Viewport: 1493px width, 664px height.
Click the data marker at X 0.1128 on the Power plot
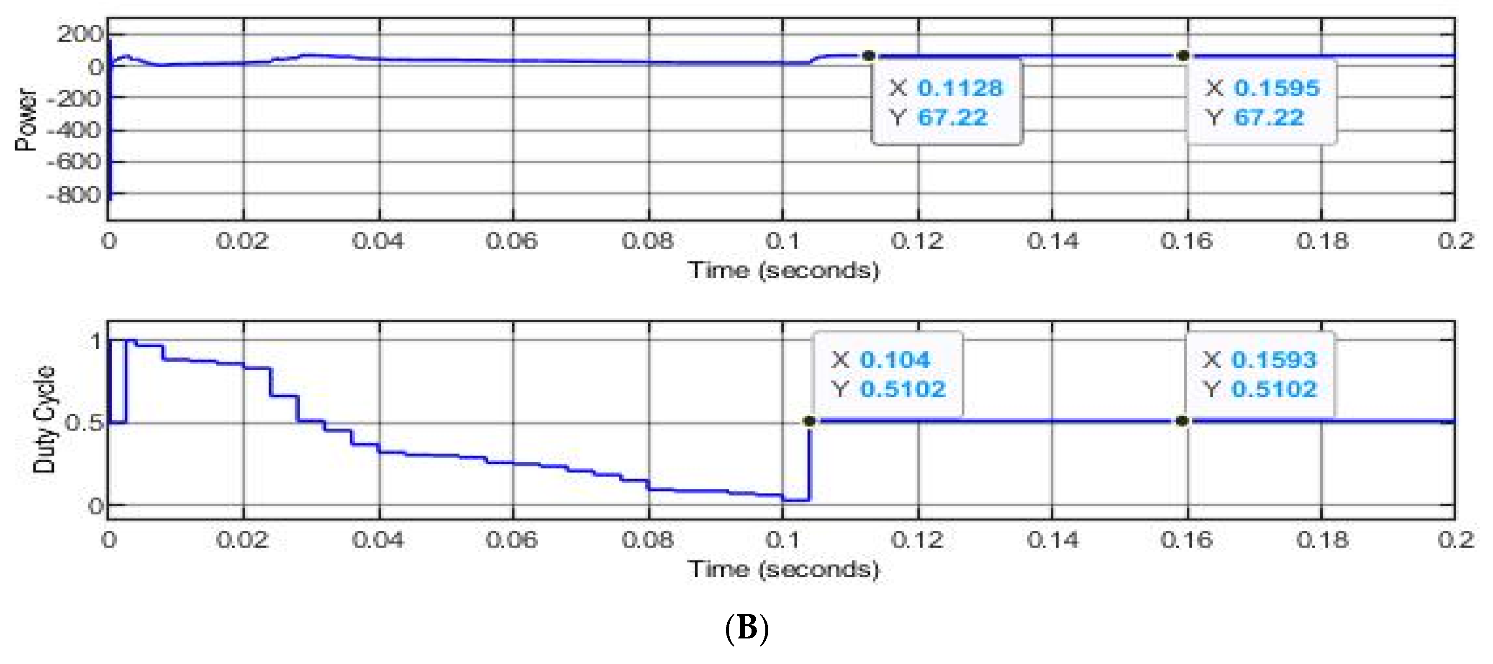[x=868, y=56]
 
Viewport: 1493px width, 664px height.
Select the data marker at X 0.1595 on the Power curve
[x=1183, y=56]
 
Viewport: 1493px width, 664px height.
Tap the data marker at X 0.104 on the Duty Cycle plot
[x=810, y=421]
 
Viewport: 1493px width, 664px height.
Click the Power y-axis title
[x=26, y=119]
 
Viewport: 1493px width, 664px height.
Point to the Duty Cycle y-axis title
[x=44, y=419]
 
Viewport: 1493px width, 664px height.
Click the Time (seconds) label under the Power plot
[x=784, y=270]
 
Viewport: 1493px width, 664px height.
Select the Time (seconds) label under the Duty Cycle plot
[x=784, y=569]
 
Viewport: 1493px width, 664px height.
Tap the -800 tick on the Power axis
[x=74, y=194]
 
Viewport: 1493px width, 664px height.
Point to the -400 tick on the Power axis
[x=74, y=130]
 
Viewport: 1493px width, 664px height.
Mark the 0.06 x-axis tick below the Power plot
[x=512, y=241]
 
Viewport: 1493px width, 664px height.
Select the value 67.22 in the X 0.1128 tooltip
[x=952, y=118]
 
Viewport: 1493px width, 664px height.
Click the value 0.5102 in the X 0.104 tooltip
[x=903, y=389]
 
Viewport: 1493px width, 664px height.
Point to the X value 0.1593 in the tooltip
[x=1274, y=360]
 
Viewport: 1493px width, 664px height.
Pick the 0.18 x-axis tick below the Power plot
[x=1322, y=241]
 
